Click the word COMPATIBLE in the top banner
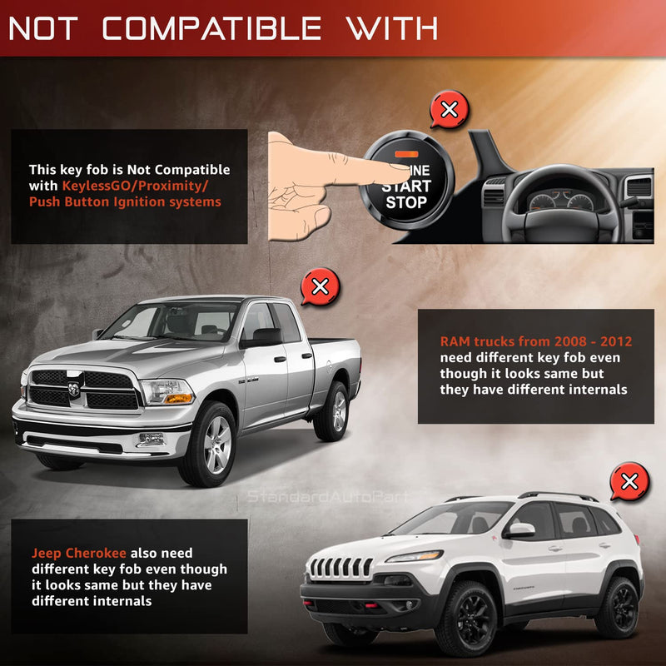[x=211, y=28]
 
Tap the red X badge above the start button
[x=450, y=110]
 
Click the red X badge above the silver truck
[x=321, y=286]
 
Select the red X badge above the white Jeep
[x=629, y=482]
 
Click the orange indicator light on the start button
[x=406, y=154]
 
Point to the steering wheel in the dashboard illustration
[x=561, y=204]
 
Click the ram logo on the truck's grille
[x=74, y=389]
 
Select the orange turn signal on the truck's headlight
[x=178, y=399]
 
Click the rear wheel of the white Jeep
[x=619, y=608]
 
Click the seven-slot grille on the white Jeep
[x=340, y=568]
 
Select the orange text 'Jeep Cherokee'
[x=78, y=553]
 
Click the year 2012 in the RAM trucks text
[x=616, y=341]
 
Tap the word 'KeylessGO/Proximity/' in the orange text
[x=135, y=186]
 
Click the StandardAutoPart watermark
[x=328, y=496]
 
